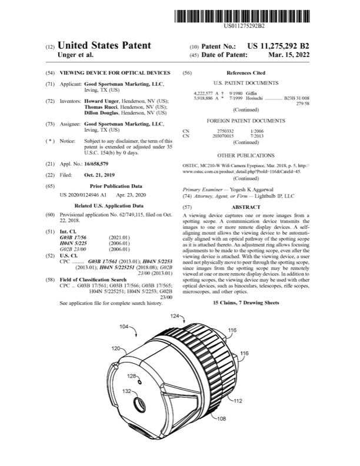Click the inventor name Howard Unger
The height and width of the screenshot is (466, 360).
(102, 101)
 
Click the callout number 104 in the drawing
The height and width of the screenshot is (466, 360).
(126, 325)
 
